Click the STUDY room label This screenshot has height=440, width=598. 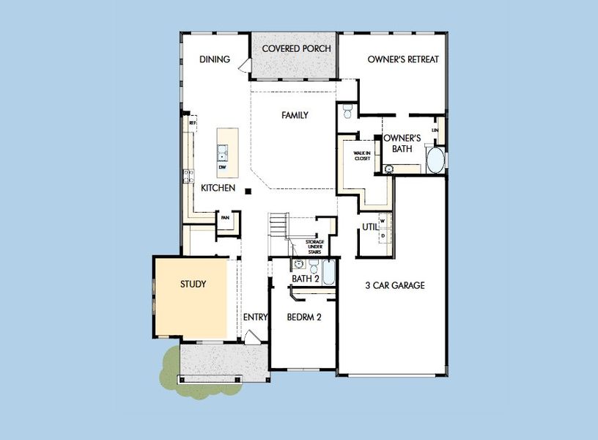(x=193, y=284)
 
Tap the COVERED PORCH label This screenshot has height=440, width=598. (x=296, y=49)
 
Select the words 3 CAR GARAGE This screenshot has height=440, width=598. (x=395, y=285)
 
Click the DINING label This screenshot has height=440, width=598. (x=215, y=59)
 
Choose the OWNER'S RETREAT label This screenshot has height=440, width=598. (x=403, y=59)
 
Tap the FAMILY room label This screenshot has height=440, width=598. (x=295, y=115)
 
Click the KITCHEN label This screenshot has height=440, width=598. (x=218, y=188)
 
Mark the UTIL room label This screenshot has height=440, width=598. (x=369, y=227)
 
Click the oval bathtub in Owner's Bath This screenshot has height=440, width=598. (x=435, y=160)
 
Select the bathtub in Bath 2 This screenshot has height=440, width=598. (x=328, y=274)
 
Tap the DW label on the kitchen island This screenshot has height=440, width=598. (x=222, y=167)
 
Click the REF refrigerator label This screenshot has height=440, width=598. (x=192, y=123)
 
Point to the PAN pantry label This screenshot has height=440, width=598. (x=226, y=217)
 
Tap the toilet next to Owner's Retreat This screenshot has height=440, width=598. (x=348, y=111)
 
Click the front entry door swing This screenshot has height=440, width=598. (x=251, y=337)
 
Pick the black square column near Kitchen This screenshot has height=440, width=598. (x=248, y=192)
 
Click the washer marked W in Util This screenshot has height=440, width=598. (x=383, y=220)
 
